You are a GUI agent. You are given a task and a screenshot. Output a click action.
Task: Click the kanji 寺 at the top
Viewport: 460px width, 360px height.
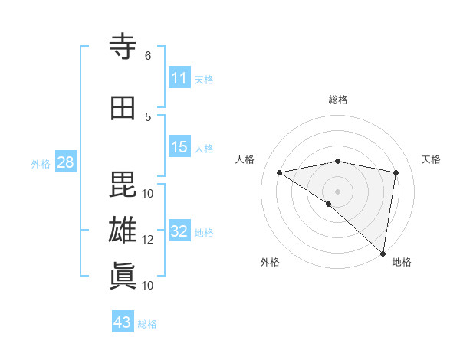click(x=123, y=47)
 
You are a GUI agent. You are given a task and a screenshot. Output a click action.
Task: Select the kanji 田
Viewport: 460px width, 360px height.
click(x=123, y=108)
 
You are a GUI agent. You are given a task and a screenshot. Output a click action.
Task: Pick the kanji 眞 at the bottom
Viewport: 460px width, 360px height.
click(x=123, y=276)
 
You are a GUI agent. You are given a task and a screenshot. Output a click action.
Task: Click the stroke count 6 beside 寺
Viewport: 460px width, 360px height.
click(x=148, y=55)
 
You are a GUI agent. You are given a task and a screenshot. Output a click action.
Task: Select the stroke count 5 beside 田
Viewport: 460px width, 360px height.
click(x=148, y=116)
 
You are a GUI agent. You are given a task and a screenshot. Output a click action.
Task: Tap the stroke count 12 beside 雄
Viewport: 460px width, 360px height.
click(x=148, y=239)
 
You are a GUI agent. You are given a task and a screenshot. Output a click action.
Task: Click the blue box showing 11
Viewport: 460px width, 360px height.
click(x=179, y=78)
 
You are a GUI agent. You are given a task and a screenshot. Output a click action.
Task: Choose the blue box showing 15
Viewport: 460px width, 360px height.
click(x=179, y=147)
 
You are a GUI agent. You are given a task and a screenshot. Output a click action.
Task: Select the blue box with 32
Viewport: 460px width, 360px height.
click(x=179, y=231)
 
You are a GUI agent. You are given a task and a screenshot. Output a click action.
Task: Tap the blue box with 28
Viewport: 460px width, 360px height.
click(x=64, y=162)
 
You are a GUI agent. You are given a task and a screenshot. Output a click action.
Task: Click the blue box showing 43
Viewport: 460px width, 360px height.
click(x=122, y=322)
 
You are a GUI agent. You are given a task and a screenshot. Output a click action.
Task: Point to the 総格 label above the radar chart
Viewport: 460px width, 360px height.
click(x=337, y=100)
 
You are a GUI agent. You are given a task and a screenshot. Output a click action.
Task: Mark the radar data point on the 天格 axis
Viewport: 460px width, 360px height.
click(x=396, y=172)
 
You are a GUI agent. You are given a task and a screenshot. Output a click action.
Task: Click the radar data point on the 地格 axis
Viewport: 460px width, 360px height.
click(x=383, y=253)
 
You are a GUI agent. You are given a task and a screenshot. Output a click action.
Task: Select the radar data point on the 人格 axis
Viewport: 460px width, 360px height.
click(x=279, y=172)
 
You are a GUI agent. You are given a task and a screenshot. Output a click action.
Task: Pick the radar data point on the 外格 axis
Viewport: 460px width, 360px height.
click(x=328, y=204)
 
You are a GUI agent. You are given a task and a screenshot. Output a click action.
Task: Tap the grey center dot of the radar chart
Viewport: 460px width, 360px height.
click(x=337, y=191)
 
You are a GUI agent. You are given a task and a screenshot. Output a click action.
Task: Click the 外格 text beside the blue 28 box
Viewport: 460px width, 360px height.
click(x=40, y=163)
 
